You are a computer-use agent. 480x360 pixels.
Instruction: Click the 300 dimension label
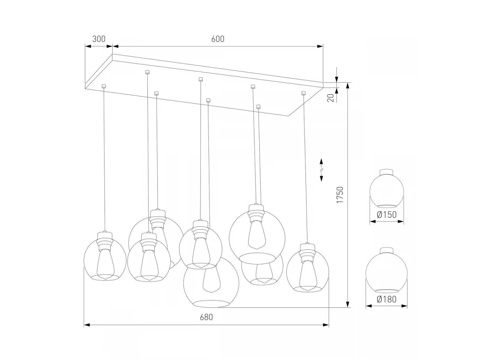tap(99, 39)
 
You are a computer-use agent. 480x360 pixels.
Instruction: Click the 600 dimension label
tap(218, 39)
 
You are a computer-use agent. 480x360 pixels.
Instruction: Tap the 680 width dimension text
tap(206, 317)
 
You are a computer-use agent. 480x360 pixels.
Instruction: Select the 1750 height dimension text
tap(340, 195)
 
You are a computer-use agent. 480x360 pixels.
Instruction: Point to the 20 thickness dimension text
tap(331, 98)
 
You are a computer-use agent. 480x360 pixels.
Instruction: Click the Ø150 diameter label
tap(387, 215)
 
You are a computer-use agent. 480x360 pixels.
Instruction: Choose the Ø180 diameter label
tap(387, 299)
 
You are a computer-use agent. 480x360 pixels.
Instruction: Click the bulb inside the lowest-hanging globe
tap(212, 280)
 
